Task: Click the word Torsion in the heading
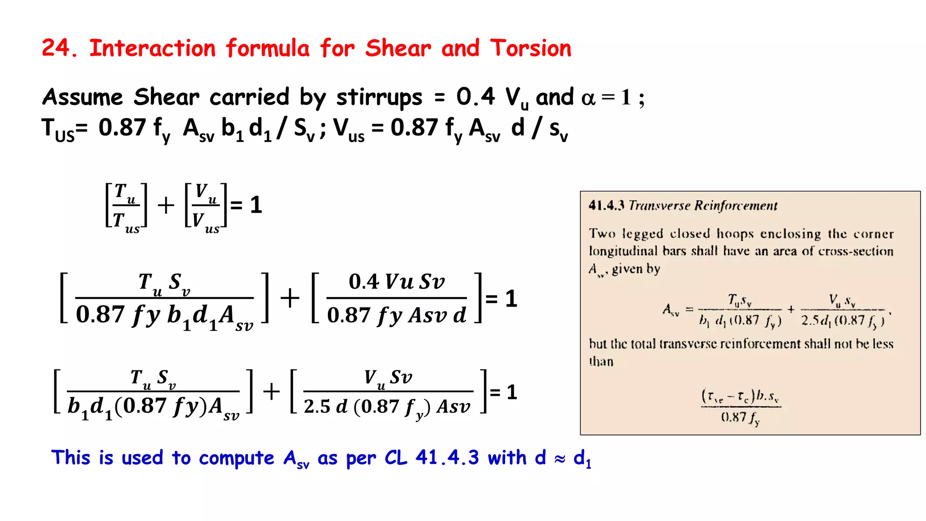[531, 48]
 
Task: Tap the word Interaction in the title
[152, 48]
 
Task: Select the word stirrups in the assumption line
[379, 97]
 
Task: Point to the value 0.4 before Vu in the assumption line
[475, 97]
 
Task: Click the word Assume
[82, 97]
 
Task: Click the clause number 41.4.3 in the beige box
[606, 206]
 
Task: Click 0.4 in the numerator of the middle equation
[364, 282]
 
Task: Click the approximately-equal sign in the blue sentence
[560, 459]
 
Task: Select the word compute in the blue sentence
[236, 458]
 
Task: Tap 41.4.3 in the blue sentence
[447, 458]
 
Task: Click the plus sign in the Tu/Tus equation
[166, 205]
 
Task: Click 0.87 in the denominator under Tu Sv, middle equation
[100, 314]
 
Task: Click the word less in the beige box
[883, 344]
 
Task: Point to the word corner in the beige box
[874, 234]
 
